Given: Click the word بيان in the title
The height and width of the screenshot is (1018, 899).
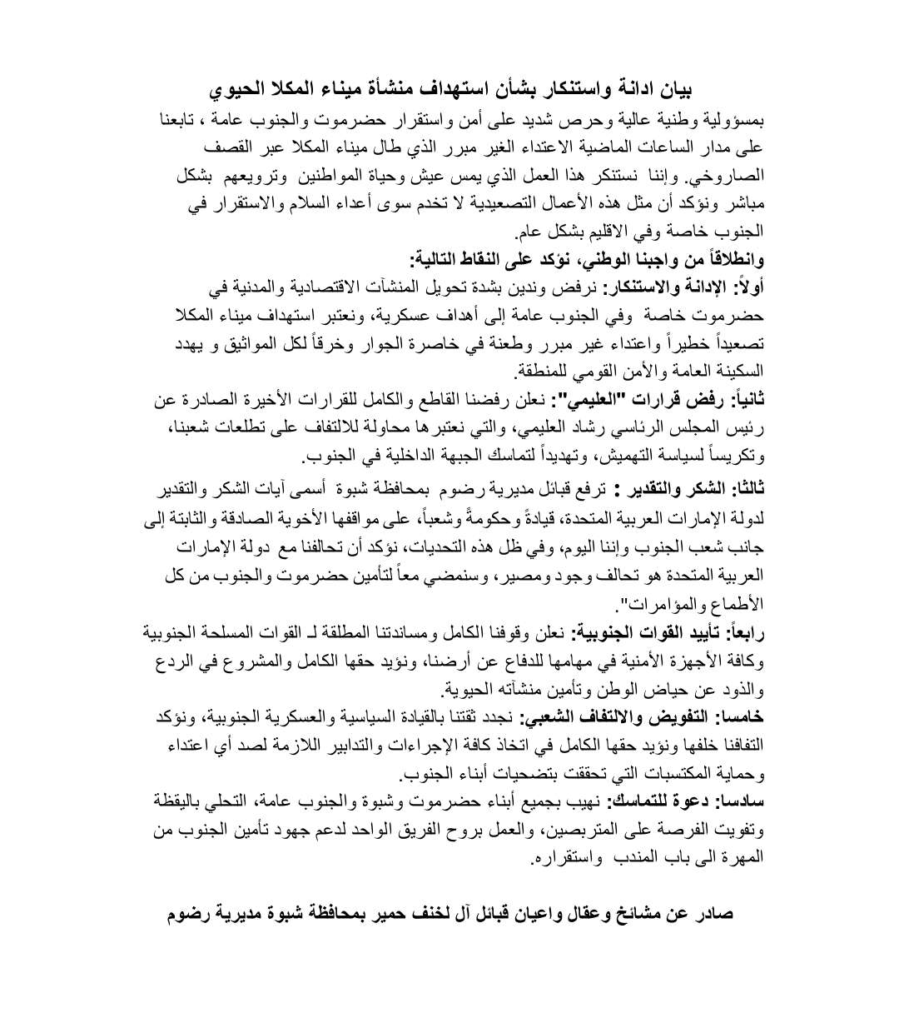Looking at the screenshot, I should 674,87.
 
